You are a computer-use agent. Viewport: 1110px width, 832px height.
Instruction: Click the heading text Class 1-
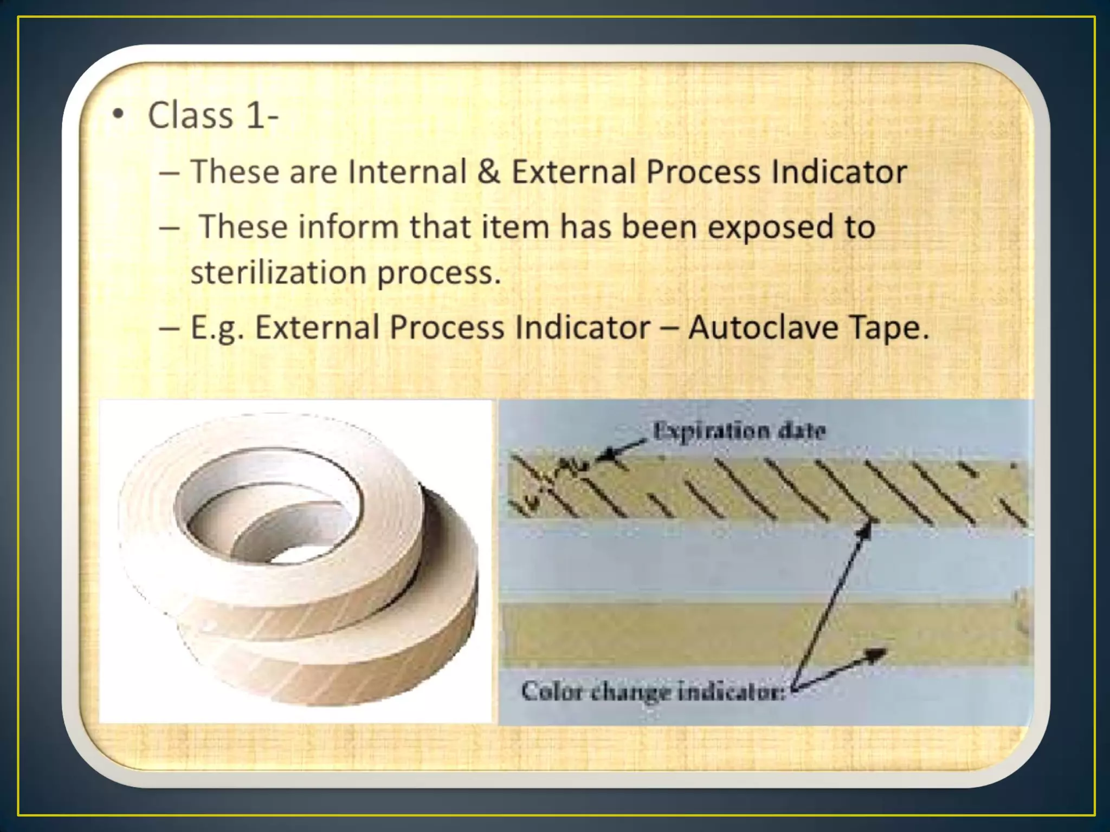(x=212, y=115)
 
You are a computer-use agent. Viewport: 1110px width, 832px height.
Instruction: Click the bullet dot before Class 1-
(x=118, y=115)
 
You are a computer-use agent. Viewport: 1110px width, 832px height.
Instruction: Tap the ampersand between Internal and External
(x=489, y=172)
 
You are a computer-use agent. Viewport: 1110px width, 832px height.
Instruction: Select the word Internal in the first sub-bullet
(x=407, y=172)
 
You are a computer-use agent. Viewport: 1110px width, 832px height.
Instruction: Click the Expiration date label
(x=739, y=431)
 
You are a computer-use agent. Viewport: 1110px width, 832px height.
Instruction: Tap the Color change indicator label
(x=653, y=692)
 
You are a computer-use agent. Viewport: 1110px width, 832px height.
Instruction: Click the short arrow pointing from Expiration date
(x=623, y=451)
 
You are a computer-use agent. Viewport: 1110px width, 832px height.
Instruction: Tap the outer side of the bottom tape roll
(x=336, y=666)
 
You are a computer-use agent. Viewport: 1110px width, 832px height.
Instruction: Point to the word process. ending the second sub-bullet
(x=438, y=273)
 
